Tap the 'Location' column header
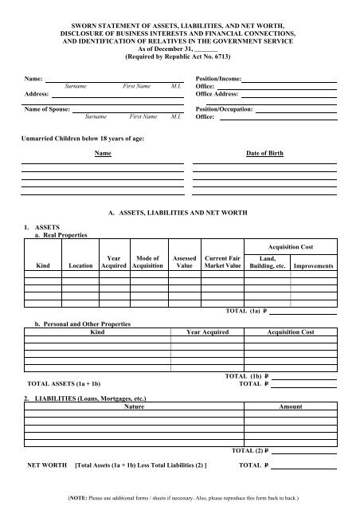click(x=81, y=265)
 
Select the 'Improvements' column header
click(x=313, y=265)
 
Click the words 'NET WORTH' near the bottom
click(x=46, y=463)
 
